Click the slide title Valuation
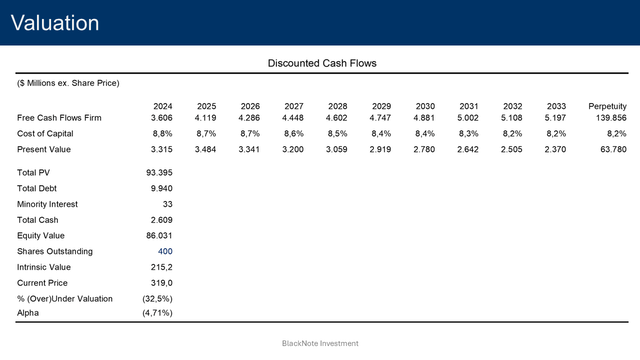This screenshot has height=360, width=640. tap(55, 23)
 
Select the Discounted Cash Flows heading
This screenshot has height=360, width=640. tap(321, 64)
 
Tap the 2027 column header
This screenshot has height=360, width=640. tap(294, 106)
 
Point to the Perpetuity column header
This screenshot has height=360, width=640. tap(607, 106)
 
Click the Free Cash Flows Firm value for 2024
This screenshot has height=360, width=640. tap(162, 118)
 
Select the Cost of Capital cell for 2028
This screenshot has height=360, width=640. tap(338, 133)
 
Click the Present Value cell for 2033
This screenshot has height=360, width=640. tap(555, 149)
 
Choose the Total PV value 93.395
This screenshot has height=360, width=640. tap(160, 173)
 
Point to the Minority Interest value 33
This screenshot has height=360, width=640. tap(167, 204)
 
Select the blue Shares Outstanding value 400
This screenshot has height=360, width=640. tap(165, 251)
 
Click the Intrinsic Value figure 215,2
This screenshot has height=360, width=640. tap(162, 267)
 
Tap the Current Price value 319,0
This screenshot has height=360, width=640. tap(162, 283)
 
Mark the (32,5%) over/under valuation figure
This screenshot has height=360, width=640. tap(157, 298)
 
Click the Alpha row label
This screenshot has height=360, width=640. tap(29, 313)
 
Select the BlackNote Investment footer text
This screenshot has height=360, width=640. tap(320, 343)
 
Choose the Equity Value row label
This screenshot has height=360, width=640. tap(41, 235)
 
